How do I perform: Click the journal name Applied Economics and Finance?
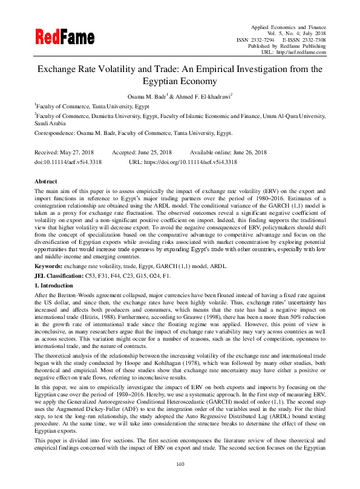288,28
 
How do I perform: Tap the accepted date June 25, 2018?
153,153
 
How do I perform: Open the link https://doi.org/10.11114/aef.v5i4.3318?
192,162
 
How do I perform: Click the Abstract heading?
46,182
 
